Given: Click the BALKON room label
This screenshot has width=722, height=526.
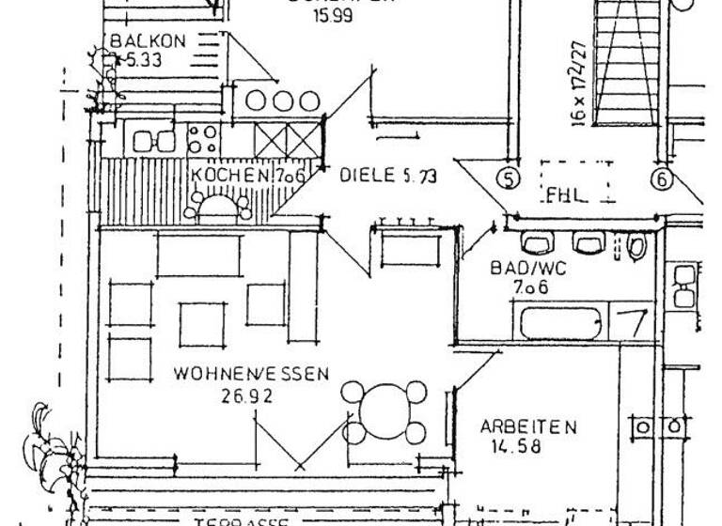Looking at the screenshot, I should [149, 42].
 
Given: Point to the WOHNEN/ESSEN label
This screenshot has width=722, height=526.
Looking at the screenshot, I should [251, 374].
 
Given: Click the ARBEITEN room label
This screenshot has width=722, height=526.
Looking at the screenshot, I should [527, 426].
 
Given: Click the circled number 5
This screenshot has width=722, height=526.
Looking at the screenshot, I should [509, 178].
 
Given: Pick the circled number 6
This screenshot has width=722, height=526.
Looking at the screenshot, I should [663, 178].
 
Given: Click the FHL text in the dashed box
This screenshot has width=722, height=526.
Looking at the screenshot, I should [566, 196].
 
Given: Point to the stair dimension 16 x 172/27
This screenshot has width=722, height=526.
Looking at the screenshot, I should [578, 84].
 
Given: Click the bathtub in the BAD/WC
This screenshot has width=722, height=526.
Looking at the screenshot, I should [560, 321].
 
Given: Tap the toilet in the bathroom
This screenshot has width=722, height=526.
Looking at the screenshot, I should [637, 246].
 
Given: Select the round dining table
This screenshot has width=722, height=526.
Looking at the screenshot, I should [383, 411].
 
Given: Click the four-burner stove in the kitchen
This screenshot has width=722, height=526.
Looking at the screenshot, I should [202, 141].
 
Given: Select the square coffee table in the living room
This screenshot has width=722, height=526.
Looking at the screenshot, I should [204, 323].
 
